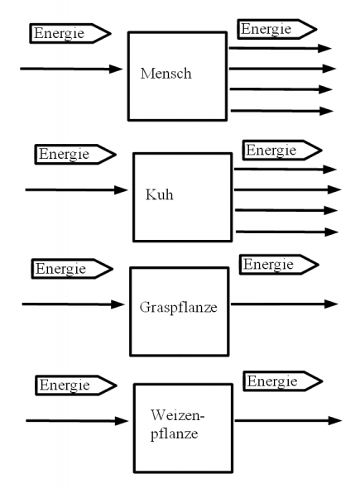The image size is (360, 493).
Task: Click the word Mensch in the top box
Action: pyautogui.click(x=166, y=73)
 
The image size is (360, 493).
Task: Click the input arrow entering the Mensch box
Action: pyautogui.click(x=71, y=69)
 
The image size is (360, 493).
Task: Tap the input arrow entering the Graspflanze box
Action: pyautogui.click(x=74, y=304)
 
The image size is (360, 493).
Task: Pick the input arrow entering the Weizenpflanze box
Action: pyautogui.click(x=78, y=421)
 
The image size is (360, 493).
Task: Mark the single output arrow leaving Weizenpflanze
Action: pyautogui.click(x=286, y=420)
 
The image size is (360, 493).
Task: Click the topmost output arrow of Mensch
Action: pyautogui.click(x=280, y=48)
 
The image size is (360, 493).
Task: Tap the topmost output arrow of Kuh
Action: pyautogui.click(x=286, y=170)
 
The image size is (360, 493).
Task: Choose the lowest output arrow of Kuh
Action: pyautogui.click(x=286, y=232)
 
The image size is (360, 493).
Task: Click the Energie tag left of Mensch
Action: pyautogui.click(x=70, y=33)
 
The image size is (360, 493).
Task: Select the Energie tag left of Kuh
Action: pyautogui.click(x=74, y=155)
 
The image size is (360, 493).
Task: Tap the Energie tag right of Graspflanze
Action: pyautogui.click(x=278, y=265)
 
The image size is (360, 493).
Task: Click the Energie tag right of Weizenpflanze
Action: pyautogui.click(x=281, y=381)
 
